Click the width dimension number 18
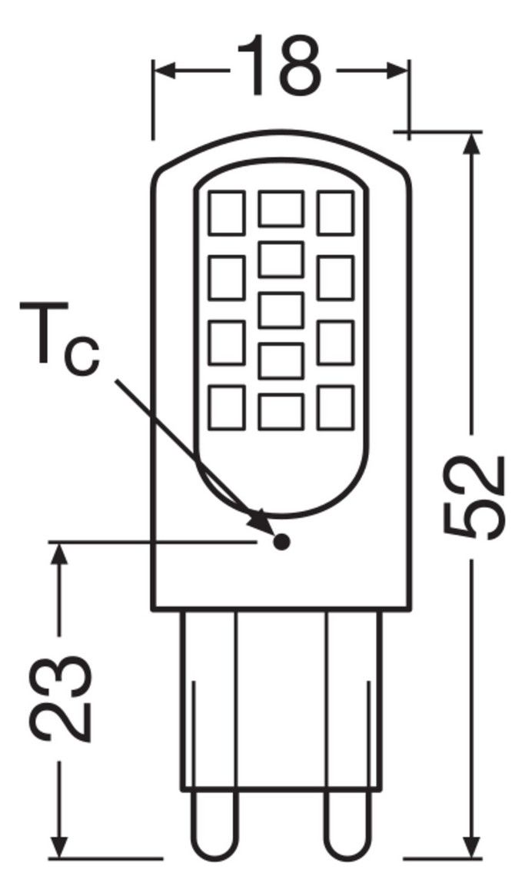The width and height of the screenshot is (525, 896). pyautogui.click(x=279, y=67)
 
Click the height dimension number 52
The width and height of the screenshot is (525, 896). pyautogui.click(x=475, y=498)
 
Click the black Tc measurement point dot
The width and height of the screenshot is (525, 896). pyautogui.click(x=281, y=540)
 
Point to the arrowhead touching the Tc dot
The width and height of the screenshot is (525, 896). pyautogui.click(x=261, y=520)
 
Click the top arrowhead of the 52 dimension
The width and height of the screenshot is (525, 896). pyautogui.click(x=472, y=146)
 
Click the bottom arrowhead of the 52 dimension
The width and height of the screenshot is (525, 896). pyautogui.click(x=472, y=844)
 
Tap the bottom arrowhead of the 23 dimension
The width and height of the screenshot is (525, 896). pyautogui.click(x=59, y=844)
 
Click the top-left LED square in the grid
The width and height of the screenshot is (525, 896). pyautogui.click(x=227, y=213)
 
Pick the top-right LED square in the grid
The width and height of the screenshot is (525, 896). pyautogui.click(x=336, y=213)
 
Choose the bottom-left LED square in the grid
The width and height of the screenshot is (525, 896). pyautogui.click(x=227, y=407)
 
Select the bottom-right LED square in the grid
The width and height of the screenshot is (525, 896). pyautogui.click(x=336, y=407)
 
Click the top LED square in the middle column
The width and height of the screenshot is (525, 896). pyautogui.click(x=281, y=209)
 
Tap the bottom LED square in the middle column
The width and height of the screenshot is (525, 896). pyautogui.click(x=281, y=411)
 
